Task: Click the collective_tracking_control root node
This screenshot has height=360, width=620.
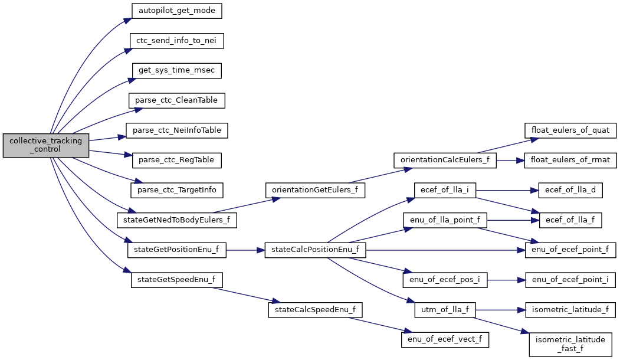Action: tap(46, 145)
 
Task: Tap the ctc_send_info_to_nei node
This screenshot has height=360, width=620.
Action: tap(177, 41)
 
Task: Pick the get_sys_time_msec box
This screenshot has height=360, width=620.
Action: tap(176, 70)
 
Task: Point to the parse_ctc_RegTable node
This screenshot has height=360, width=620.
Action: tap(176, 160)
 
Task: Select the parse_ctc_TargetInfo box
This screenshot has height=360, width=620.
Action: tap(176, 189)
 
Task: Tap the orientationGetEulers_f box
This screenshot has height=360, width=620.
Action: tap(316, 189)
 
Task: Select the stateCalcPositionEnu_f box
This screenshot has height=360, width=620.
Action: tap(316, 250)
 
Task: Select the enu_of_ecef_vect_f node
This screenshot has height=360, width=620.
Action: tap(445, 339)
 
